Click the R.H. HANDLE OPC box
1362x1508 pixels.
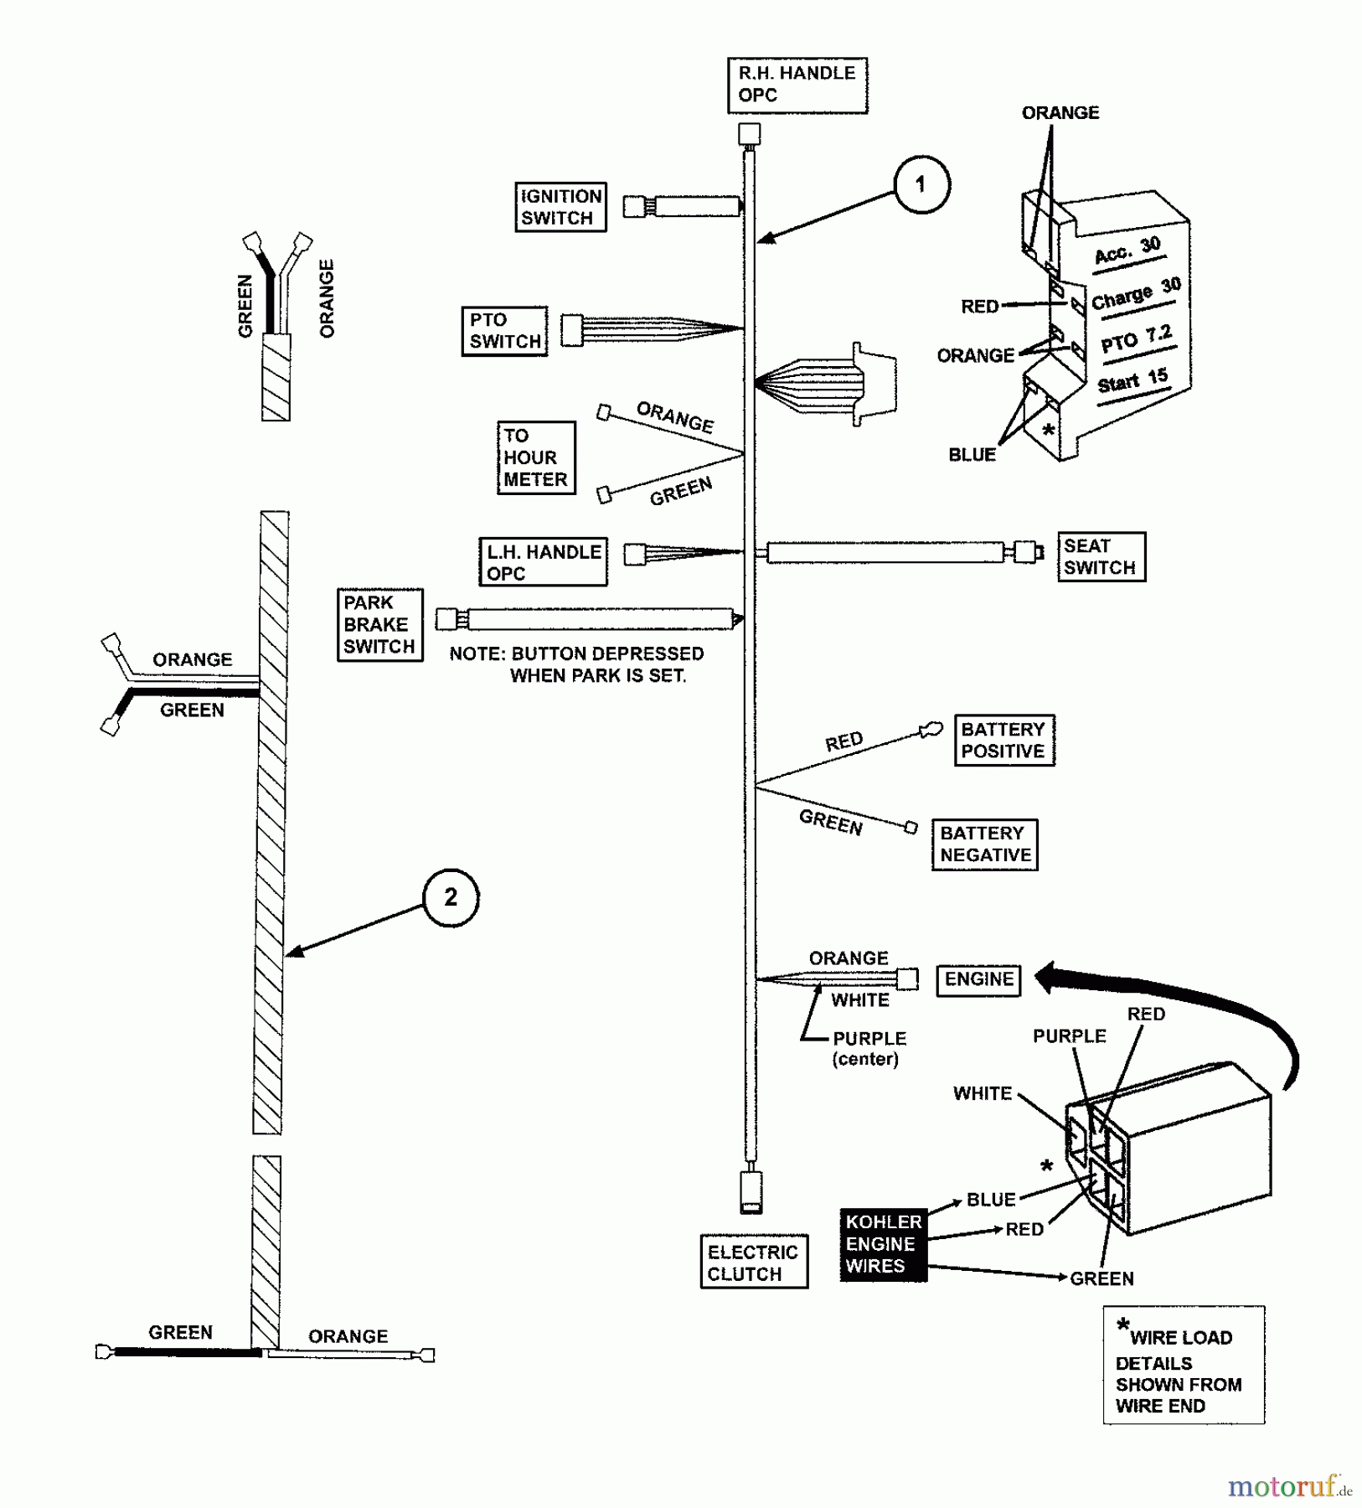coord(797,85)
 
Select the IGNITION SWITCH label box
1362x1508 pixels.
coord(560,207)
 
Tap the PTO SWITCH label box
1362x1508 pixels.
coord(504,331)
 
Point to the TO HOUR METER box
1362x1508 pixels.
coord(536,457)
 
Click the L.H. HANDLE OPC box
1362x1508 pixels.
coord(543,562)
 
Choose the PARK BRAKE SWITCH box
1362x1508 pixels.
coord(379,625)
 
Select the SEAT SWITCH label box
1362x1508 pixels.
coord(1101,556)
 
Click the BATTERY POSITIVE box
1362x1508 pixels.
coord(1003,740)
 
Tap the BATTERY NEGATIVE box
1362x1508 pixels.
coord(984,844)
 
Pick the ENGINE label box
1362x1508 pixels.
coord(978,979)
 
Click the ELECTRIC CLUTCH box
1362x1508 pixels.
coord(753,1263)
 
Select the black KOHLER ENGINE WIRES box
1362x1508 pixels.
coord(883,1244)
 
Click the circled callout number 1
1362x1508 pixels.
coord(921,184)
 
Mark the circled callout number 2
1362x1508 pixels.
coord(451,897)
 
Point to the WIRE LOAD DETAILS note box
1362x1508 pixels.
coord(1183,1365)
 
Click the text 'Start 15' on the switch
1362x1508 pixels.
coord(1132,381)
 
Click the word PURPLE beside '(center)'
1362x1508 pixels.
coord(869,1038)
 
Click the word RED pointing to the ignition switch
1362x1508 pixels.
coord(979,307)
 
